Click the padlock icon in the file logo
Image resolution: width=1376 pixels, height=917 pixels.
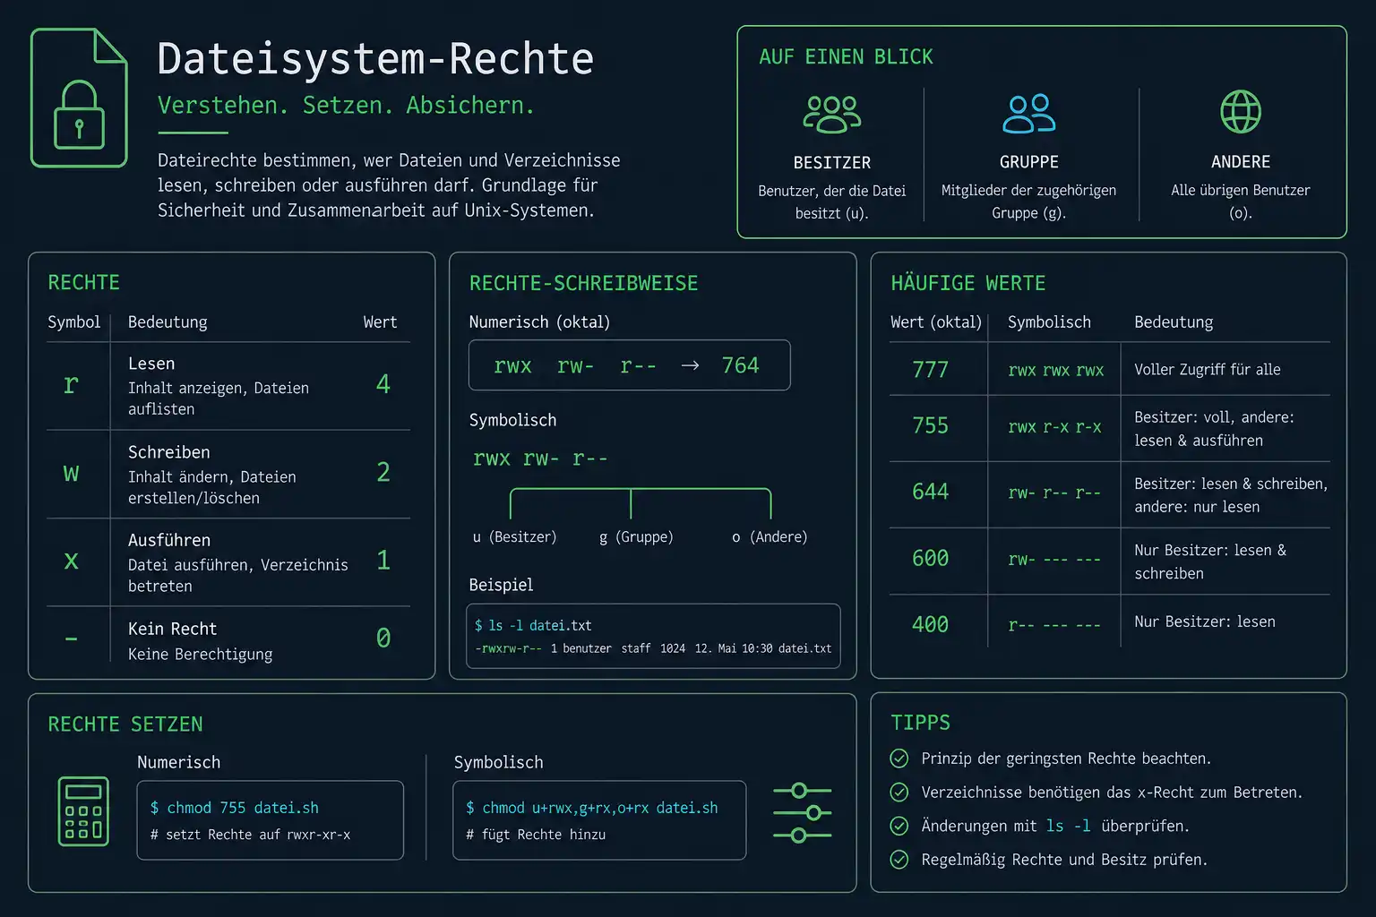pos(79,115)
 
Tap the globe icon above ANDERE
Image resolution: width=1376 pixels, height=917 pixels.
pos(1240,112)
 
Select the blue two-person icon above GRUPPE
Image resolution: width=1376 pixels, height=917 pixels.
pos(1029,114)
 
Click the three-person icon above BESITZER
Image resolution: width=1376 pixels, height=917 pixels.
pos(831,115)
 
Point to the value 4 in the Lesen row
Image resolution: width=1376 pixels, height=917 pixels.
pos(383,384)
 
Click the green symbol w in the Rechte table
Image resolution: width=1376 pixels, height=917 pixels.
pos(72,473)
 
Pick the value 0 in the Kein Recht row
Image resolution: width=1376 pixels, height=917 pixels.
pos(383,638)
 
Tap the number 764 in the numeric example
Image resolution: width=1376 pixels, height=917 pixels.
pos(740,365)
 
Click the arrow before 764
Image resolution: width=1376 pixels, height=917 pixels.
pos(690,365)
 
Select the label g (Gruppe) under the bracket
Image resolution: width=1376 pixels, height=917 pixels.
pos(636,536)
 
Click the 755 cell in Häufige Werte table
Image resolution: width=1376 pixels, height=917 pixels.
pos(930,425)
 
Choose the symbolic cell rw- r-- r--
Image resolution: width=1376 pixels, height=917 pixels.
pos(1054,493)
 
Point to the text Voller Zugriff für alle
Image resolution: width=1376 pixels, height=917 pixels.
pos(1207,369)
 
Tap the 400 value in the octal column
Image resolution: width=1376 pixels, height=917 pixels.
pos(930,625)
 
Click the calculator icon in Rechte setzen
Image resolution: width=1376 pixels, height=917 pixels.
pos(83,811)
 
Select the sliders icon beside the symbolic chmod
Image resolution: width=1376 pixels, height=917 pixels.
pos(803,812)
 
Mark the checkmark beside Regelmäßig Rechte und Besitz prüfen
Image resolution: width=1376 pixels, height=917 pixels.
pos(899,860)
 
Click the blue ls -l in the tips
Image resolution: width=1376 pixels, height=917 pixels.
pos(1068,826)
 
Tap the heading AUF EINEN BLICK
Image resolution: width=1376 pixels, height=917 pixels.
pos(846,57)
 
